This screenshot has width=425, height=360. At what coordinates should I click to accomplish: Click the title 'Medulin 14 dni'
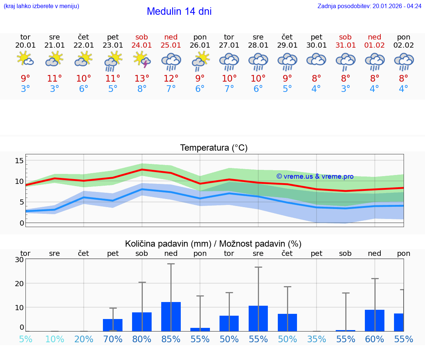pos(179,11)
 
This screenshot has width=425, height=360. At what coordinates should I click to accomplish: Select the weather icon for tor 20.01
pos(25,59)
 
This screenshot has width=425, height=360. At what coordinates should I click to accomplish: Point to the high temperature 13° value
pos(142,79)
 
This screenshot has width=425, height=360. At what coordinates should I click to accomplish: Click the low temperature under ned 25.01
pos(171,89)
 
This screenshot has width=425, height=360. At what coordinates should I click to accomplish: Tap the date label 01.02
pos(374,45)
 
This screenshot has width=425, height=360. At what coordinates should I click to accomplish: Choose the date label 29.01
pos(287,45)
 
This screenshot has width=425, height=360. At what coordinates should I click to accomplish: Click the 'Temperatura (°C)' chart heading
pos(214,148)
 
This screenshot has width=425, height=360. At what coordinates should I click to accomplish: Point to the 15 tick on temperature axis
pos(19,160)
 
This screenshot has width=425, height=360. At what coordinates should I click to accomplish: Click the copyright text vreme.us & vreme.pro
pos(315,176)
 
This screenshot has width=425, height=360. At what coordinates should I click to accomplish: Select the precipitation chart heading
pos(213,244)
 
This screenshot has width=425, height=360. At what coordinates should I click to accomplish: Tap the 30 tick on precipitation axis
pos(19,260)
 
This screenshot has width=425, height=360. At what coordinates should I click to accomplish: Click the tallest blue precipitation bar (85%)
pos(171,317)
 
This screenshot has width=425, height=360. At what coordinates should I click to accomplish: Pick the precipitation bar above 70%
pos(113,325)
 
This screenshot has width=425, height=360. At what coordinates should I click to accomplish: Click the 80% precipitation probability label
pos(142,339)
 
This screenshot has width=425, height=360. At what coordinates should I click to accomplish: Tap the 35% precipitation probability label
pos(317,339)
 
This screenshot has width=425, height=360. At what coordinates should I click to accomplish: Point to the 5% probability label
pos(25,339)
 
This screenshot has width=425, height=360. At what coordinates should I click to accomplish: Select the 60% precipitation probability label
pos(374,339)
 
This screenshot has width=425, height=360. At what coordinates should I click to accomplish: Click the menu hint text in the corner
pos(41,6)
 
